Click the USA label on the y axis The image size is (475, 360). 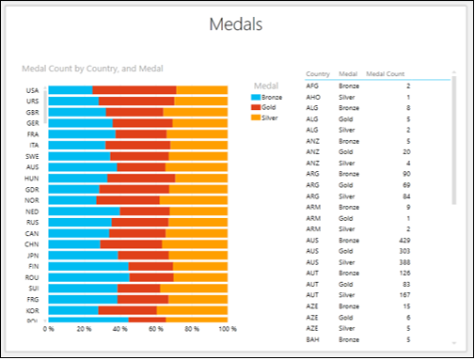click(32, 90)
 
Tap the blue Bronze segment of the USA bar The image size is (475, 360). click(70, 90)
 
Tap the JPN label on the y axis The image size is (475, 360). click(32, 255)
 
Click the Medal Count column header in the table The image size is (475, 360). click(386, 73)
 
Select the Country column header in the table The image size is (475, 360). click(318, 73)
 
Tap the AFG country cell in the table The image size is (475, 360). click(314, 86)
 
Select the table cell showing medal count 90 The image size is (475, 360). click(405, 173)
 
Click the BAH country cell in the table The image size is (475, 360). click(314, 338)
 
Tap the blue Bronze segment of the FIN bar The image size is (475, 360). click(88, 266)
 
